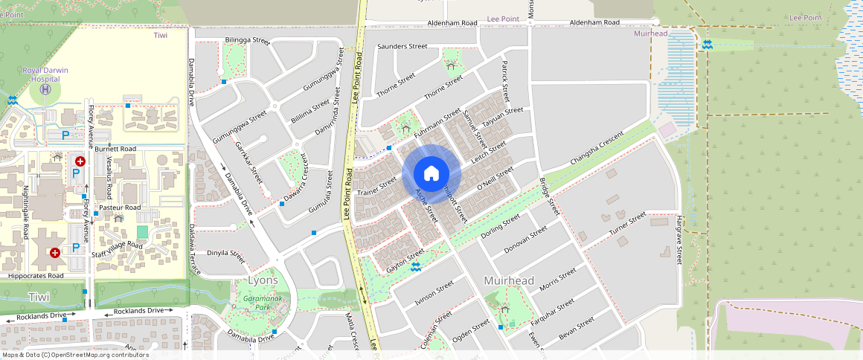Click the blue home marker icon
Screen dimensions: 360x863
pyautogui.click(x=431, y=174)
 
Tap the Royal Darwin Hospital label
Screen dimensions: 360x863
pyautogui.click(x=45, y=74)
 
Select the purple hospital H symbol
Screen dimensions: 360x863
pyautogui.click(x=45, y=89)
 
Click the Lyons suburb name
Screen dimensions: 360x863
pyautogui.click(x=263, y=280)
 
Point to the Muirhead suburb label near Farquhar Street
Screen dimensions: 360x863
pyautogui.click(x=509, y=281)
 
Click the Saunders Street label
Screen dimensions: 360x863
pyautogui.click(x=402, y=46)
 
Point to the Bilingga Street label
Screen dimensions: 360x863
pyautogui.click(x=247, y=40)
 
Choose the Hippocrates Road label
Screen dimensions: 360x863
pyautogui.click(x=36, y=275)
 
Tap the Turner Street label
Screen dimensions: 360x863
pyautogui.click(x=628, y=224)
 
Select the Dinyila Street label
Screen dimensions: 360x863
pyautogui.click(x=225, y=256)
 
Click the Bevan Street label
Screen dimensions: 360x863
pyautogui.click(x=577, y=327)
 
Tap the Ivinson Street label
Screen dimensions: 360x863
pyautogui.click(x=434, y=292)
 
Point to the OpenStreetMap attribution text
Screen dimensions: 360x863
pyautogui.click(x=74, y=355)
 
